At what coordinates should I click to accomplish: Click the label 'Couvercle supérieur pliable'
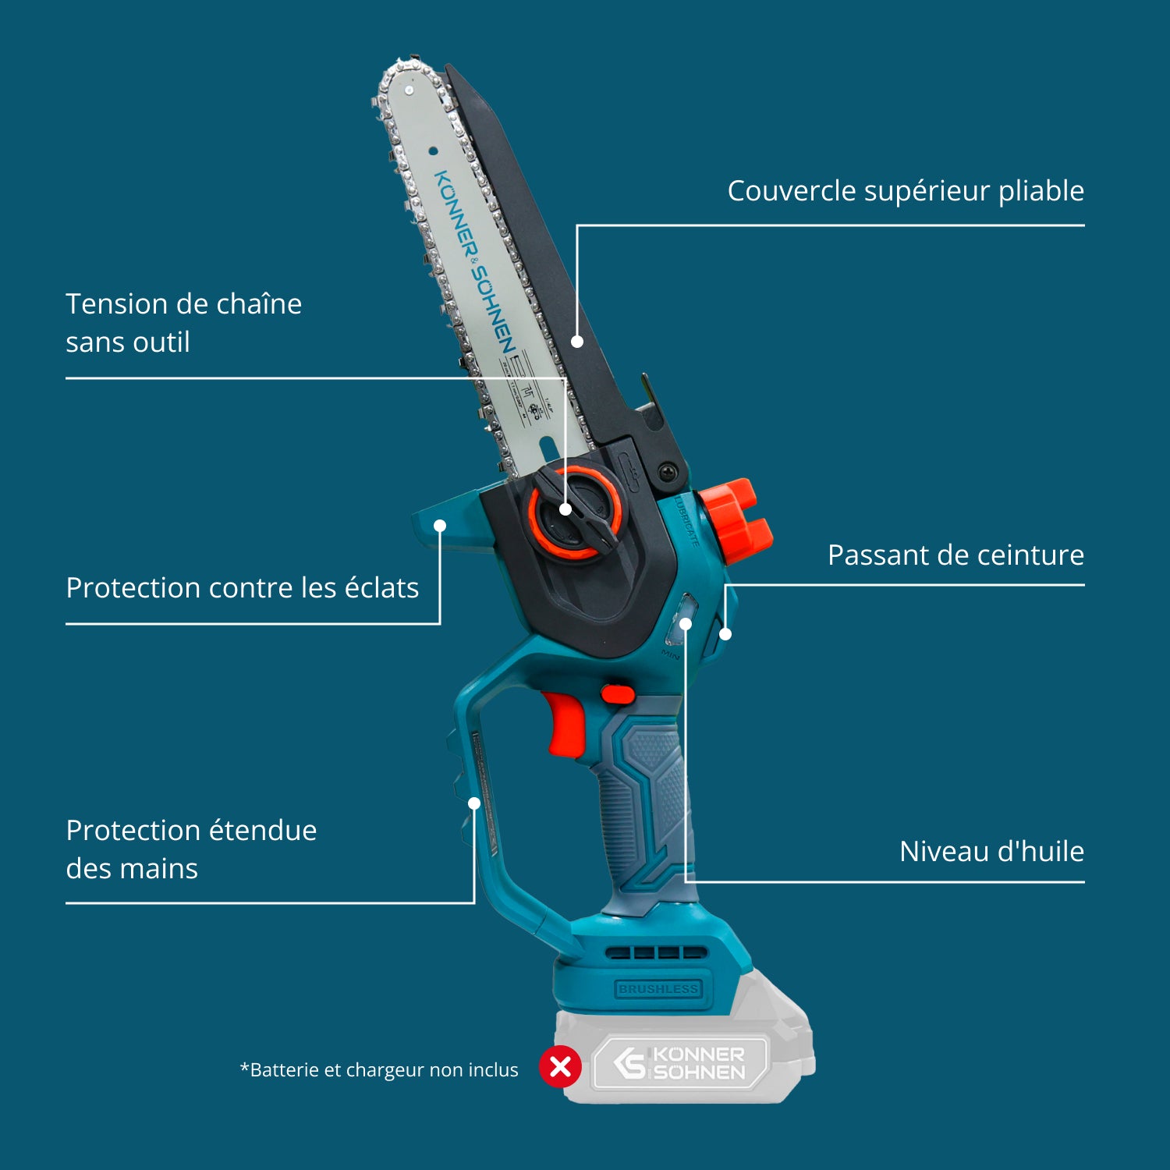pyautogui.click(x=905, y=191)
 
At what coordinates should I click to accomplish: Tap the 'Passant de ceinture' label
pyautogui.click(x=955, y=555)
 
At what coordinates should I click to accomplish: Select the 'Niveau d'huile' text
pyautogui.click(x=991, y=852)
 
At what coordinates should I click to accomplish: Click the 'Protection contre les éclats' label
pyautogui.click(x=242, y=588)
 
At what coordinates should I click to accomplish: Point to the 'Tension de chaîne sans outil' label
pyautogui.click(x=183, y=322)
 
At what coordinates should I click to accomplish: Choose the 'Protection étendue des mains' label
pyautogui.click(x=191, y=849)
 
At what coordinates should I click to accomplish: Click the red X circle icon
pyautogui.click(x=560, y=1066)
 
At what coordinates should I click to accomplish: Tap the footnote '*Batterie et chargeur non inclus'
pyautogui.click(x=379, y=1070)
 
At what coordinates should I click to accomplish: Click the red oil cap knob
pyautogui.click(x=736, y=520)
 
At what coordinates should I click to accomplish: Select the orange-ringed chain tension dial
pyautogui.click(x=575, y=512)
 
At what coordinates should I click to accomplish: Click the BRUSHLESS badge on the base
pyautogui.click(x=658, y=989)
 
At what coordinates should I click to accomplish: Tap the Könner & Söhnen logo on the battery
pyautogui.click(x=680, y=1062)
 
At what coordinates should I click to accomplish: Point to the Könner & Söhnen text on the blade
pyautogui.click(x=475, y=261)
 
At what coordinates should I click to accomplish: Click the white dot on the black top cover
pyautogui.click(x=577, y=342)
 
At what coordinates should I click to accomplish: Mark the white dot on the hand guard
pyautogui.click(x=474, y=803)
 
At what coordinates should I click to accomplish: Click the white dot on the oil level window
pyautogui.click(x=686, y=624)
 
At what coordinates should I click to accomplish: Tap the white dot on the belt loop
pyautogui.click(x=725, y=634)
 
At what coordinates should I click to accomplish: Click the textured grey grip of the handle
pyautogui.click(x=647, y=803)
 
